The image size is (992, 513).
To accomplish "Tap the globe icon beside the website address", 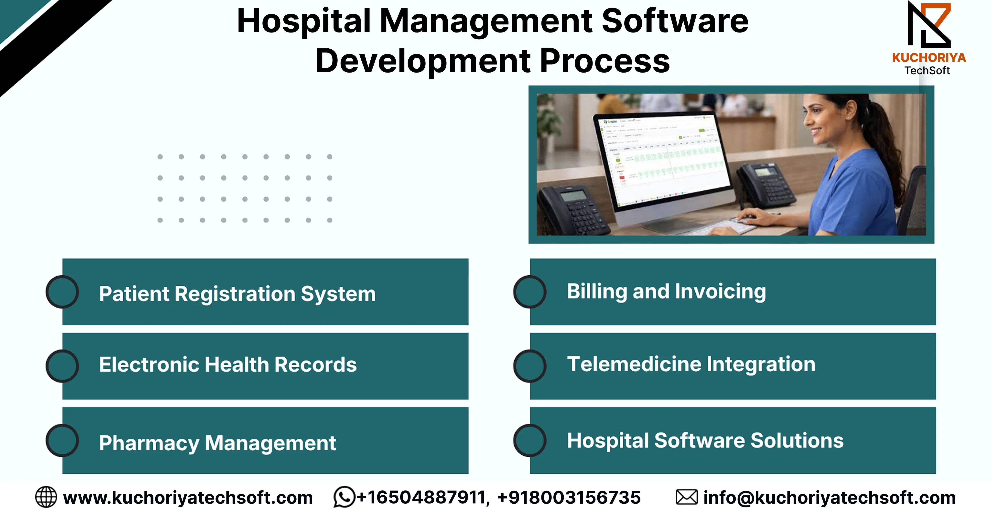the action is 46,497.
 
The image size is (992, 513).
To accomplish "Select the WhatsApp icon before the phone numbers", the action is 344,497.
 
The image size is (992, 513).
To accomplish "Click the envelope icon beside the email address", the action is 686,497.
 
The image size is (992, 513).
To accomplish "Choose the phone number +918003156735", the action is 569,497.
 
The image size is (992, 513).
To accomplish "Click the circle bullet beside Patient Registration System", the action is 62,292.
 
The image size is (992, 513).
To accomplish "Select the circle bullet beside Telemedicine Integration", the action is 530,366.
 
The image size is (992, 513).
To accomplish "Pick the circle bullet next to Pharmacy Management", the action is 62,440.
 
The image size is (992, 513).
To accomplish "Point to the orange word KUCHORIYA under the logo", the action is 929,58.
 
